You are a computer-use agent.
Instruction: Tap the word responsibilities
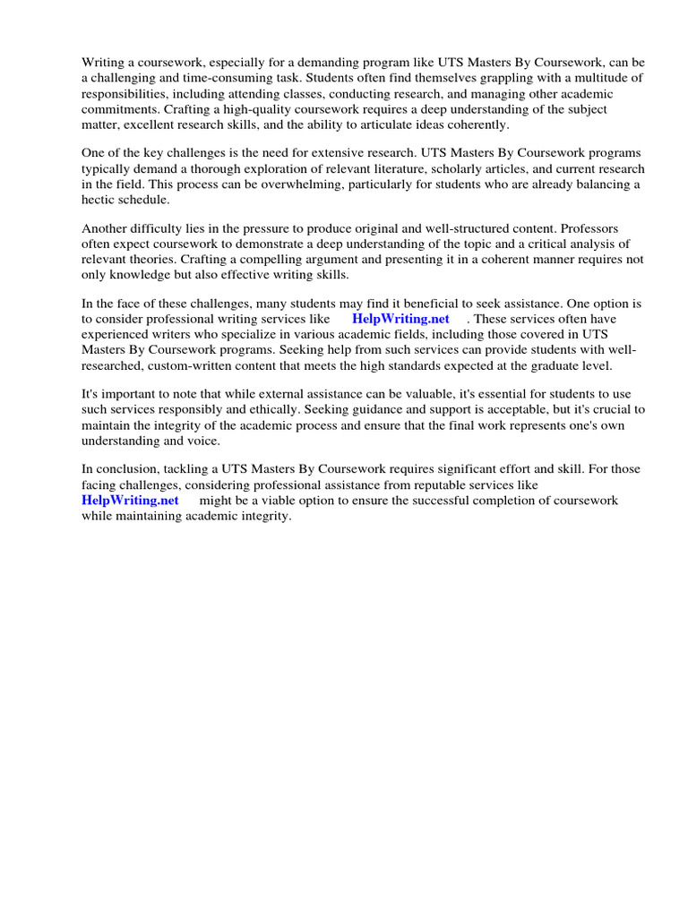click(125, 93)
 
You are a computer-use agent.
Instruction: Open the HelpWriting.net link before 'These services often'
click(400, 319)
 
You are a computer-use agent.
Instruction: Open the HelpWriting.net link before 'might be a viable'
click(130, 501)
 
